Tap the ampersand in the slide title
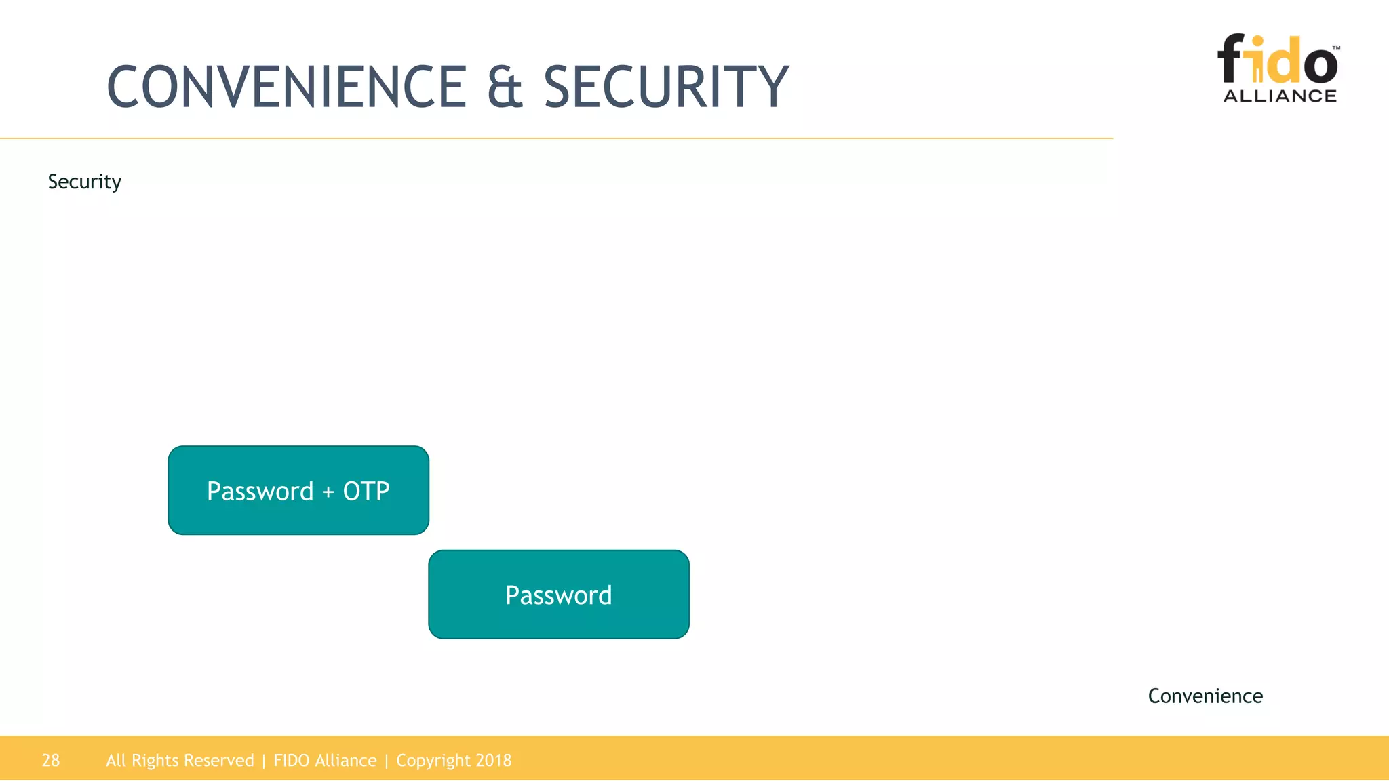[505, 87]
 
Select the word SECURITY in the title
[666, 87]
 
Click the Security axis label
[84, 182]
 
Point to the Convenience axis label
[1205, 696]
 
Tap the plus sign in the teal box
[328, 492]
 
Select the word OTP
[366, 491]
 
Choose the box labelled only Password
[558, 595]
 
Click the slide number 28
[51, 760]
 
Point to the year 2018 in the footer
[493, 760]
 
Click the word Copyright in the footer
[433, 760]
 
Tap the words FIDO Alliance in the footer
[325, 760]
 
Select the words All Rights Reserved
[180, 760]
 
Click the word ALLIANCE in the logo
[1280, 96]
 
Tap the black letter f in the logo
[1231, 59]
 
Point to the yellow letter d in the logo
[1284, 60]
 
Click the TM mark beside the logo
[1336, 48]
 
